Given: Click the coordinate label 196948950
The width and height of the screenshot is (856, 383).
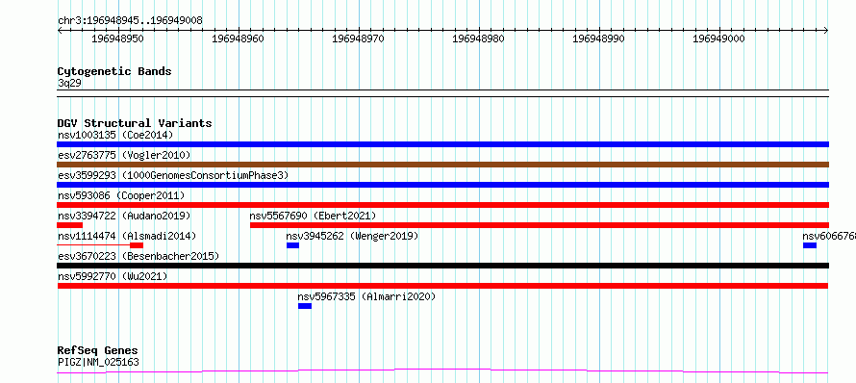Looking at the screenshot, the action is click(117, 38).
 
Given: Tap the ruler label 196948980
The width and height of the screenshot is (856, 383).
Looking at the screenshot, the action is click(478, 38).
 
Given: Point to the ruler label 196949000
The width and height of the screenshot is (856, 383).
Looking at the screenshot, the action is click(718, 38).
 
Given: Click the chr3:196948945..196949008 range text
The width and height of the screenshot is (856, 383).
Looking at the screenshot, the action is click(130, 21).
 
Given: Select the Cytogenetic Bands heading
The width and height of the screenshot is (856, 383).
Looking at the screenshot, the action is click(114, 71).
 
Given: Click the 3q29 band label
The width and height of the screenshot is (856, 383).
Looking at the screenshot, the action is click(69, 84).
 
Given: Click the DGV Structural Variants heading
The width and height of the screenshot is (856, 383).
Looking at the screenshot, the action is click(135, 123).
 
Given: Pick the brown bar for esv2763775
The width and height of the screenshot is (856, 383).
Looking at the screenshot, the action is click(442, 165).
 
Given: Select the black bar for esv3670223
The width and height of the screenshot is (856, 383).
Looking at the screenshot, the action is click(442, 266).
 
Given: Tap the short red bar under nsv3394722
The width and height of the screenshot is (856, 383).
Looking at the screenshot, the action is click(69, 225).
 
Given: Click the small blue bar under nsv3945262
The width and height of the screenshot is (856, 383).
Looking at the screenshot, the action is click(292, 245).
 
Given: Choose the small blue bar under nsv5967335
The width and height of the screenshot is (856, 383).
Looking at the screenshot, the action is click(305, 306).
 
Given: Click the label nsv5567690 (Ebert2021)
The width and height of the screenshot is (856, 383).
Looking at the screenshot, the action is click(313, 216).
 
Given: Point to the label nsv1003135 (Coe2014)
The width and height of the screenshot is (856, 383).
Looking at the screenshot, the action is click(115, 135).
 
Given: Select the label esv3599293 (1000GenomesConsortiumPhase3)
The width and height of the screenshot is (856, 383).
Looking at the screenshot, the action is click(173, 175).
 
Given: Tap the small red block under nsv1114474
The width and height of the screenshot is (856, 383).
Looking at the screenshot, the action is click(137, 245).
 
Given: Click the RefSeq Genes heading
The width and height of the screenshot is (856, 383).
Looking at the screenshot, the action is click(98, 350).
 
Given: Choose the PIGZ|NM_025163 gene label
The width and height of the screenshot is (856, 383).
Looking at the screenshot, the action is click(98, 362).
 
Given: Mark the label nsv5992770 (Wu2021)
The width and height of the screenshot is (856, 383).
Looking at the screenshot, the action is click(113, 276).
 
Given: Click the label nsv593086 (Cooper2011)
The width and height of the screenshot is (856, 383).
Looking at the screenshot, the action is click(121, 195).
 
